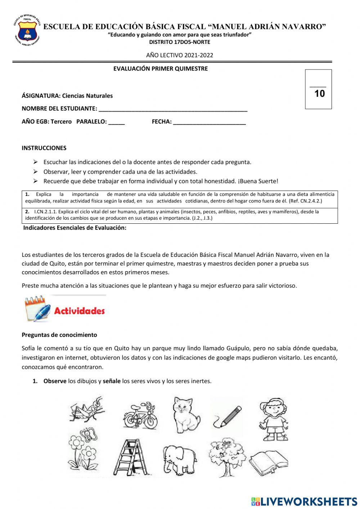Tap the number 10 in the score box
pyautogui.click(x=319, y=94)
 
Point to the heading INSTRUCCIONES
pyautogui.click(x=44, y=148)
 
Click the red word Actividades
pyautogui.click(x=79, y=311)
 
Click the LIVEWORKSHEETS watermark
pyautogui.click(x=304, y=501)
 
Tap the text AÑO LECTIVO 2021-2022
pyautogui.click(x=179, y=55)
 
